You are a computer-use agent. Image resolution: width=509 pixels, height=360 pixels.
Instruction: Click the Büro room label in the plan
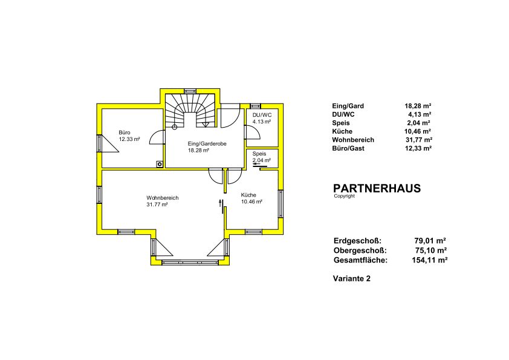point(125,133)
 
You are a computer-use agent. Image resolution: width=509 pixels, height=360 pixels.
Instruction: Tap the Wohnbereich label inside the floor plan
point(162,198)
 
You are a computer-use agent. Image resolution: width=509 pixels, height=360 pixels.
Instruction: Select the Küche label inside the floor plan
point(248,195)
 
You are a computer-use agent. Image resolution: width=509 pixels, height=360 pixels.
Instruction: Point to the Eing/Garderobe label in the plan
point(207,143)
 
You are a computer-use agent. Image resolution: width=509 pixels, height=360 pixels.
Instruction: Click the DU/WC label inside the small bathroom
point(262,115)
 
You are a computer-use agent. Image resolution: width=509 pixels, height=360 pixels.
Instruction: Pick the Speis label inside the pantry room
point(259,154)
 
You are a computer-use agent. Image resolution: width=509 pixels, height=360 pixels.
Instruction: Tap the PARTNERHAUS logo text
point(377,188)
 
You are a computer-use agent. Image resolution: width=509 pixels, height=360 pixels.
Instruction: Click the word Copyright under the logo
point(345,196)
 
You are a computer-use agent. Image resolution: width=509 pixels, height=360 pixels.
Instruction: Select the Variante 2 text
point(352,278)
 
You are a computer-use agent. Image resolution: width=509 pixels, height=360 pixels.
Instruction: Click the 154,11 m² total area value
point(430,260)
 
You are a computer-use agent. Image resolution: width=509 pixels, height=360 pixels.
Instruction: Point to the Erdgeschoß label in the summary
point(357,241)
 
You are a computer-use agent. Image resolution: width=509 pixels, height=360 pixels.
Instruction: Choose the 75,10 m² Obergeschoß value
point(431,250)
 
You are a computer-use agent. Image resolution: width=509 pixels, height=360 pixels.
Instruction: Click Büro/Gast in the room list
point(348,148)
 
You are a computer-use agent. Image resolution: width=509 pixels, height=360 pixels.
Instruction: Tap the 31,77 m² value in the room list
point(419,140)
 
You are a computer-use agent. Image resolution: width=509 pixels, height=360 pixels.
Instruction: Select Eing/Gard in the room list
point(348,106)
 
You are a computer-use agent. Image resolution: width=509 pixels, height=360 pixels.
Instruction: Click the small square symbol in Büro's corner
point(160,165)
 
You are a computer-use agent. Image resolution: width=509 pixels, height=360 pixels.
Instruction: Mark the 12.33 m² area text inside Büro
point(129,139)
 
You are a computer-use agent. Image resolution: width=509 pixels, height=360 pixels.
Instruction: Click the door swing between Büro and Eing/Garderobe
point(157,137)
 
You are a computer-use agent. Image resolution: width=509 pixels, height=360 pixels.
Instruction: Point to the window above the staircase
point(190,91)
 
